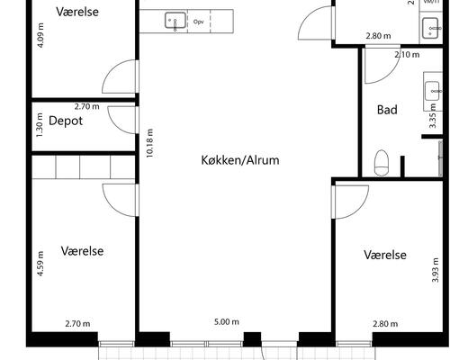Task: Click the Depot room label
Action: (66, 121)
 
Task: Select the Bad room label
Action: (387, 110)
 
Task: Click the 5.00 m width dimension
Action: (226, 321)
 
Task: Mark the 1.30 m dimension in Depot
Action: (40, 120)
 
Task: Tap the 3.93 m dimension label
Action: (435, 267)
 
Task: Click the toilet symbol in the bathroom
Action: (382, 164)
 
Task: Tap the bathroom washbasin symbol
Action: (432, 89)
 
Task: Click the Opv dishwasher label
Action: (198, 19)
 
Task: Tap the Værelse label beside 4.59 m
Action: (83, 251)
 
